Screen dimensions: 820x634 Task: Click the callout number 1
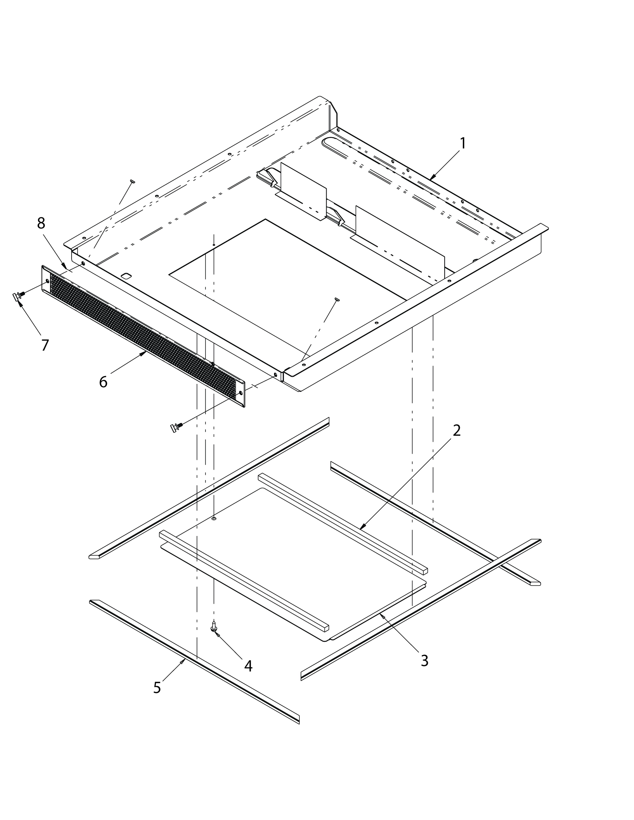click(463, 143)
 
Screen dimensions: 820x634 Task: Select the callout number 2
click(456, 430)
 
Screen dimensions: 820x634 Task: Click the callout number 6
click(103, 382)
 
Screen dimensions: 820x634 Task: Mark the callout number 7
click(45, 345)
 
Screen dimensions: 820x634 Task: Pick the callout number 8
click(41, 223)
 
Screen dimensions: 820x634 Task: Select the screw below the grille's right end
click(176, 427)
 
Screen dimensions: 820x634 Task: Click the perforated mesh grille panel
click(143, 336)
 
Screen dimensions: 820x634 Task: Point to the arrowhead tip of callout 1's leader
click(431, 179)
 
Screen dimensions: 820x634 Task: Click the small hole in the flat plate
click(214, 519)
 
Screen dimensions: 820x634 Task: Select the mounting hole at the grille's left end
click(47, 281)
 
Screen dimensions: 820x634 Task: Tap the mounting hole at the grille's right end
click(241, 393)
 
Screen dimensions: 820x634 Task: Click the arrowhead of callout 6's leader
click(145, 353)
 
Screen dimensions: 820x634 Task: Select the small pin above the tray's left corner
click(132, 182)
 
